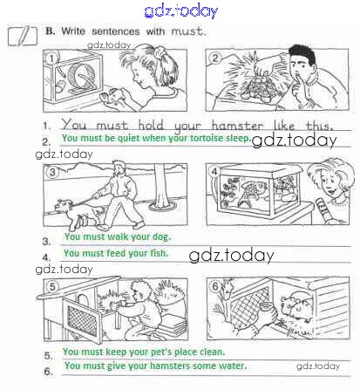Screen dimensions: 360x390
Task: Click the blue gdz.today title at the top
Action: pyautogui.click(x=181, y=11)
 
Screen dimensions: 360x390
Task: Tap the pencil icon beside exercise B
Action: pyautogui.click(x=23, y=36)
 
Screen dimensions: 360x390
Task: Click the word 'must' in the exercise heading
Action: pyautogui.click(x=187, y=31)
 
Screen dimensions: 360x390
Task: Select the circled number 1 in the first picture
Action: pyautogui.click(x=51, y=58)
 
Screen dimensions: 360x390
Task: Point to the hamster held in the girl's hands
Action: pyautogui.click(x=112, y=97)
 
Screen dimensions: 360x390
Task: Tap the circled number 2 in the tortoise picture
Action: pyautogui.click(x=214, y=58)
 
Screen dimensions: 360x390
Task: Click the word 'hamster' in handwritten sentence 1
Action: pyautogui.click(x=237, y=126)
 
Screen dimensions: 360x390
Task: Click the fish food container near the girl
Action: pyautogui.click(x=323, y=209)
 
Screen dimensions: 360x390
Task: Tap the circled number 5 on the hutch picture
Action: pyautogui.click(x=52, y=286)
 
